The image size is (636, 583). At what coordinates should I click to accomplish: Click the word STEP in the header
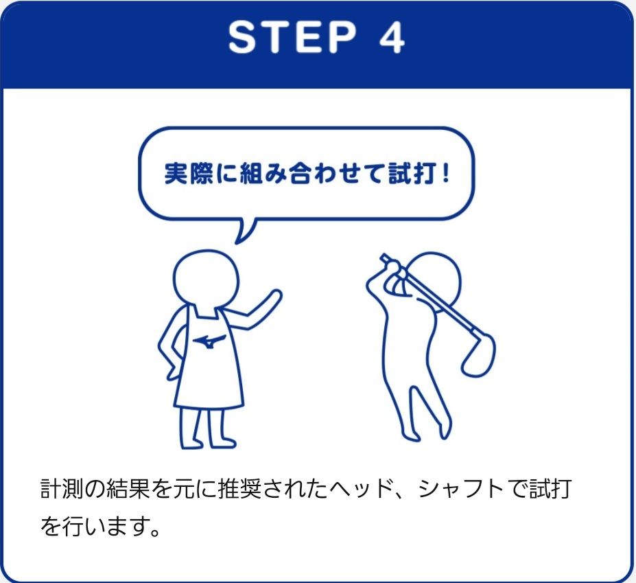[292, 37]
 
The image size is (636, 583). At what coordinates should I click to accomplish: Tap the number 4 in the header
[392, 37]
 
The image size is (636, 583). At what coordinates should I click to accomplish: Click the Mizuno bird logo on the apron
[209, 340]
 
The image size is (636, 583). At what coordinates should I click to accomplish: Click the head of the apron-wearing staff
[207, 279]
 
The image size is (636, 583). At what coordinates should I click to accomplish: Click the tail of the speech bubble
[245, 230]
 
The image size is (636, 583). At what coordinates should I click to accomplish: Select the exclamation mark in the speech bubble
[446, 173]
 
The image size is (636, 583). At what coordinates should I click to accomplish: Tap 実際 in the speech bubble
[189, 173]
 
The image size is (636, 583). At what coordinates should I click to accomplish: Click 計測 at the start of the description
[62, 489]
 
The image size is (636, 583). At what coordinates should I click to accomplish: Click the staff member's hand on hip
[172, 372]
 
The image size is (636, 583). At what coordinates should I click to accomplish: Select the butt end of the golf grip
[384, 257]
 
